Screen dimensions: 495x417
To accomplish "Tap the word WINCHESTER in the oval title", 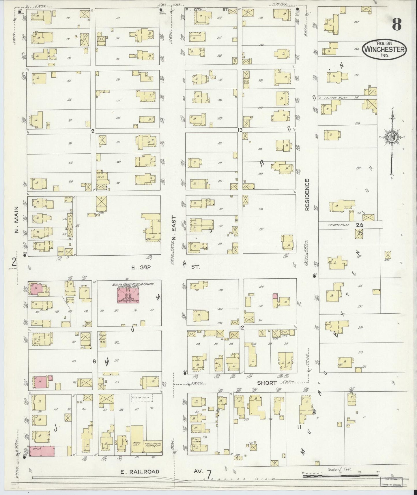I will click(385, 49).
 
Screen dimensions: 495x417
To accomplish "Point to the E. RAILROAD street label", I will click(140, 471).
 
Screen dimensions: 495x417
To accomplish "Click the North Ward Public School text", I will click(133, 284).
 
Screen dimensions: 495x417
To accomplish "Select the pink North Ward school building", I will click(128, 295).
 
